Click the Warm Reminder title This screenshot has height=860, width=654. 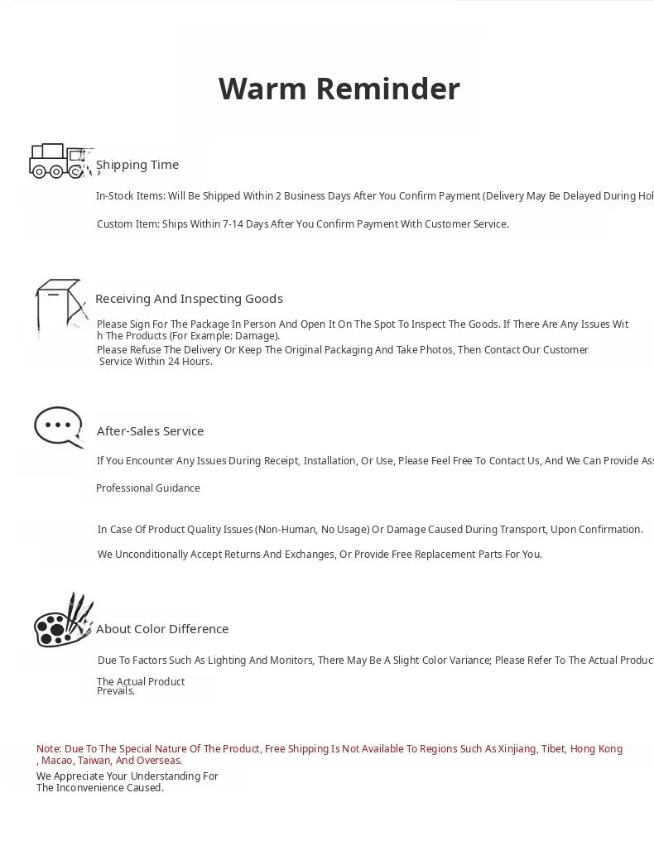click(339, 89)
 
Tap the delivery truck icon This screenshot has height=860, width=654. click(58, 161)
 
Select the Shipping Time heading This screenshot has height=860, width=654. click(137, 165)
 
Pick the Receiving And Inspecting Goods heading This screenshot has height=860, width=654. click(189, 299)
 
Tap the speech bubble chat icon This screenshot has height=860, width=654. click(58, 427)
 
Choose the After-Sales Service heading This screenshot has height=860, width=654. click(150, 431)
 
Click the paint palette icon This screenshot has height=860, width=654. click(61, 622)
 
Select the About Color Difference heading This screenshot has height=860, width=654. click(162, 629)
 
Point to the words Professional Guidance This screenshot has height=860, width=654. click(148, 488)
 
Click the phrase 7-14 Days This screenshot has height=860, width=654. click(244, 224)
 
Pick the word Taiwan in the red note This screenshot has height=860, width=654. click(94, 761)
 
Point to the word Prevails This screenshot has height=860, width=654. click(116, 691)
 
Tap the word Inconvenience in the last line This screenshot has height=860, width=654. click(91, 788)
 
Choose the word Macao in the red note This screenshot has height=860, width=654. click(56, 761)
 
